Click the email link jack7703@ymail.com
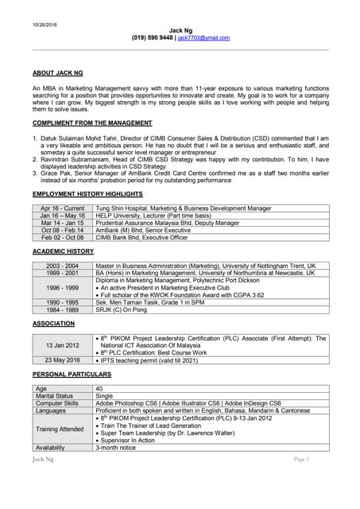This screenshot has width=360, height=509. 203,37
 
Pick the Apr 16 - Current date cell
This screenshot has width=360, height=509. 62,208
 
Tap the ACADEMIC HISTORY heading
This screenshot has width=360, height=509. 63,251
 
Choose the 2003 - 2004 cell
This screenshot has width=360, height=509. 62,265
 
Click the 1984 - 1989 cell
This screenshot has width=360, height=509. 62,309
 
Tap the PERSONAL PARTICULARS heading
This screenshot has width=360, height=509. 72,375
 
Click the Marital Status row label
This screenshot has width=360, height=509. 55,395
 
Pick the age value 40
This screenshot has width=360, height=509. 99,388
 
